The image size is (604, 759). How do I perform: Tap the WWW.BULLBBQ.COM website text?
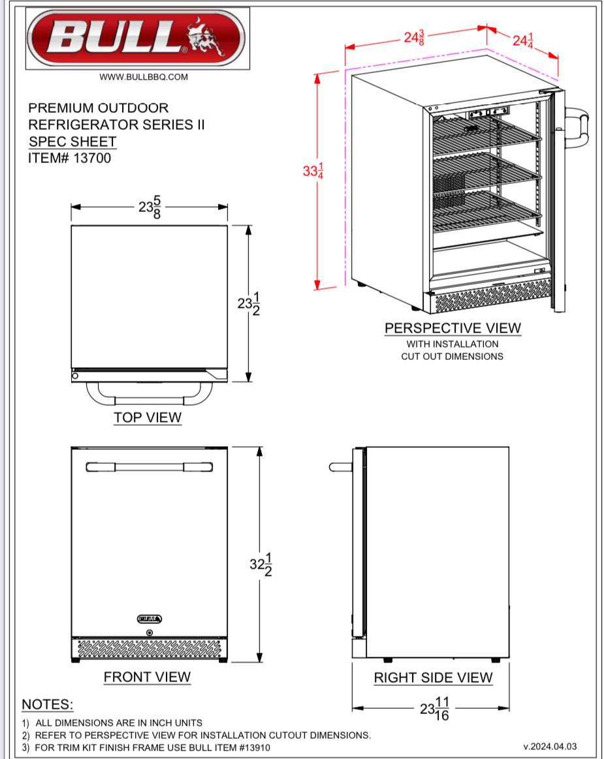coord(144,77)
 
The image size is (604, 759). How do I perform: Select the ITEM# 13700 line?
coord(69,158)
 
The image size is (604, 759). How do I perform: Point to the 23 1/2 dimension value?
coord(249,304)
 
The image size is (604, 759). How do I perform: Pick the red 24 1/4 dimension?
coord(523,41)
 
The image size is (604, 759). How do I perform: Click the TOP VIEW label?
coord(148,417)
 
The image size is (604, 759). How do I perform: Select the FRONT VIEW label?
coord(147,677)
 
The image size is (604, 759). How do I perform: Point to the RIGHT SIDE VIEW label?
coord(433,678)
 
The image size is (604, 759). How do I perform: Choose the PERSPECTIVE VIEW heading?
coord(453,328)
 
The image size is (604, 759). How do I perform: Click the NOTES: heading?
coord(48,705)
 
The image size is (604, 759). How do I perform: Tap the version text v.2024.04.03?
coord(550,747)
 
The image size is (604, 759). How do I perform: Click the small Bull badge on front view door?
coord(150,619)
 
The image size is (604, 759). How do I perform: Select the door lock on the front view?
coord(150,632)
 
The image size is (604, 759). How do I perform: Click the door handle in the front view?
coord(149,468)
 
